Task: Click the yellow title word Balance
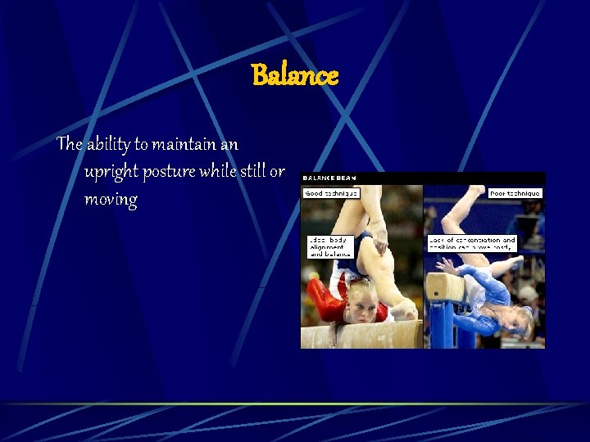295,76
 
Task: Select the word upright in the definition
111,172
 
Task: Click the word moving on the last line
111,200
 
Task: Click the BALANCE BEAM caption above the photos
329,178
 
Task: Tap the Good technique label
331,193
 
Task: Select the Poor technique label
515,193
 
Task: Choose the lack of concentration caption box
472,243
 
